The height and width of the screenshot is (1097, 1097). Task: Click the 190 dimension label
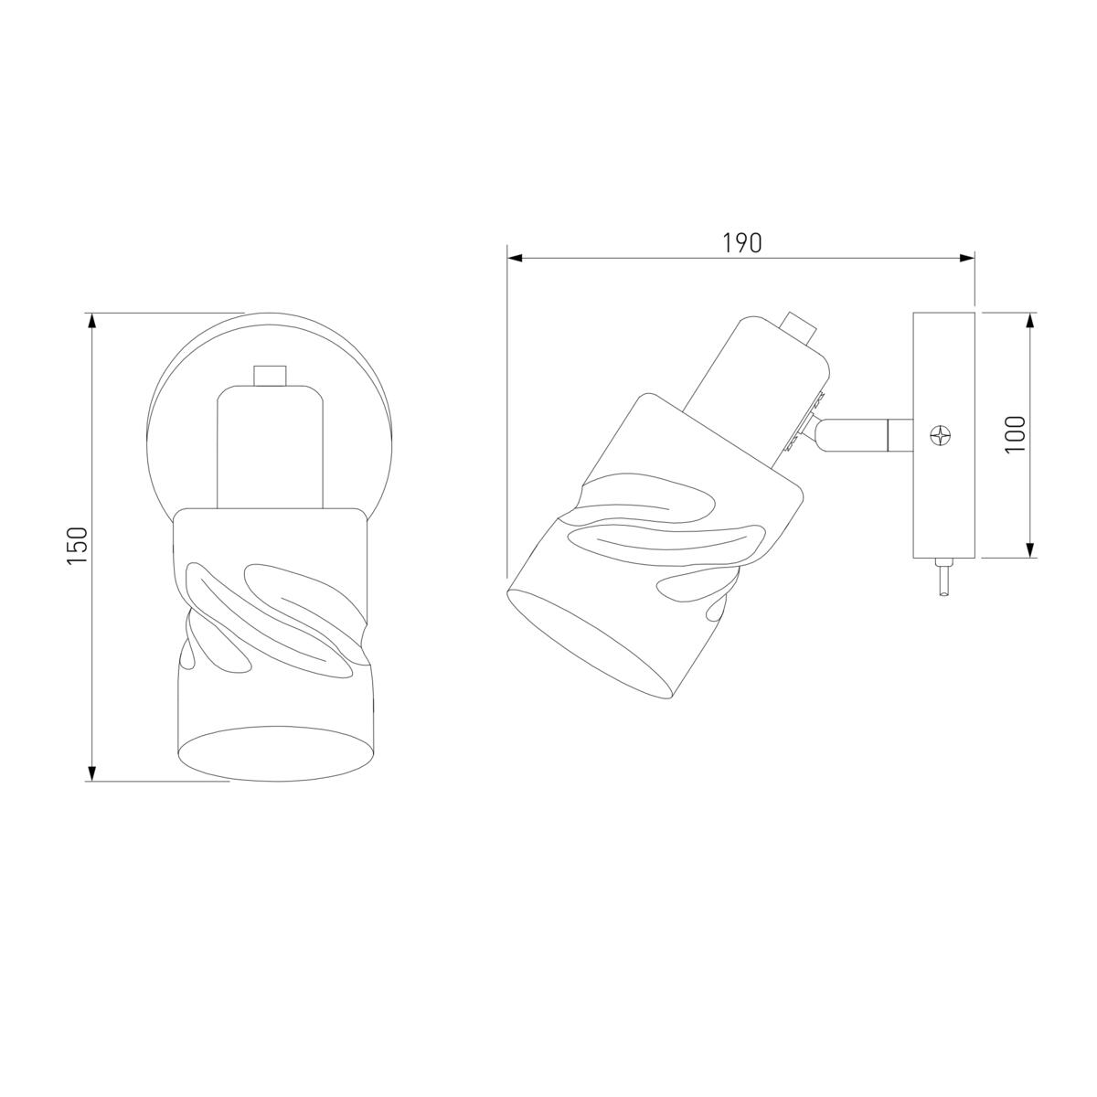coord(741,243)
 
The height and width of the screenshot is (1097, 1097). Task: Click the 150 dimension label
coord(77,546)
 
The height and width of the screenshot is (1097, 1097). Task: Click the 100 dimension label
coord(1015,434)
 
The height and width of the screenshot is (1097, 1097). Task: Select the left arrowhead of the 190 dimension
coord(515,258)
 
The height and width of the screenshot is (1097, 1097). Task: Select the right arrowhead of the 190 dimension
coord(966,258)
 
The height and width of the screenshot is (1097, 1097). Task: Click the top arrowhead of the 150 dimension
coord(92,321)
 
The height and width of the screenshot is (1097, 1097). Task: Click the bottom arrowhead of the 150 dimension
coord(92,772)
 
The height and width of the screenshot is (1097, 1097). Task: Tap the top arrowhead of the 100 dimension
coord(1029,321)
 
